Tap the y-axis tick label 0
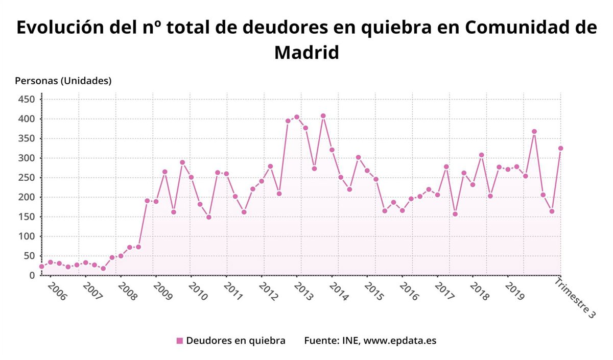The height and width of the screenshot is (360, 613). point(32,275)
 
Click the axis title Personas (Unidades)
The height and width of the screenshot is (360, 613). point(63,81)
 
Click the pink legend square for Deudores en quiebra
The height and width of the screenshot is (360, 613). point(179,341)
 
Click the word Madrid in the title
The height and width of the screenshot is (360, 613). point(306,52)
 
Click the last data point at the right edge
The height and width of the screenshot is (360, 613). point(560,148)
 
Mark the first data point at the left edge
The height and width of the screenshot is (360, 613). point(41,267)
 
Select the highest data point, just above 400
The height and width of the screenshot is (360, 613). point(323,116)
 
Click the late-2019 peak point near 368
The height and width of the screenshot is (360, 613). point(534,131)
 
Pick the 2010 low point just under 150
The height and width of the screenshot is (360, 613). point(208,217)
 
